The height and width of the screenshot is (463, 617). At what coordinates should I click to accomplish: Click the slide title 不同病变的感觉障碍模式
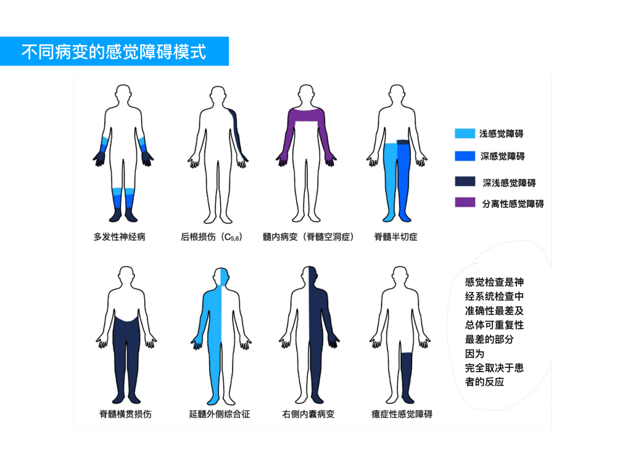pyautogui.click(x=114, y=52)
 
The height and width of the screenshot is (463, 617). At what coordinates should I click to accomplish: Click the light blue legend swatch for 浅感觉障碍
pyautogui.click(x=465, y=133)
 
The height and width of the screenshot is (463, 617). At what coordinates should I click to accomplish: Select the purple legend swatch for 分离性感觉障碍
pyautogui.click(x=465, y=202)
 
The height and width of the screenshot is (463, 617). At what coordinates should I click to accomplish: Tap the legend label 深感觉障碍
pyautogui.click(x=502, y=156)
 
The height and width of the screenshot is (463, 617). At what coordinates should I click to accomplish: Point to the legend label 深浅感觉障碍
pyautogui.click(x=509, y=183)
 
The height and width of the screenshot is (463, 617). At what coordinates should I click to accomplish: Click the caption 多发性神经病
pyautogui.click(x=119, y=236)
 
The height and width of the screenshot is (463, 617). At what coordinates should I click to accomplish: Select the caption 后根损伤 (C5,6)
pyautogui.click(x=211, y=236)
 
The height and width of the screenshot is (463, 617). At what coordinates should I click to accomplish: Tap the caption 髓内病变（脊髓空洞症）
pyautogui.click(x=308, y=236)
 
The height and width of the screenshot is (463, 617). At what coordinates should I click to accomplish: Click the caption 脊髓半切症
pyautogui.click(x=395, y=236)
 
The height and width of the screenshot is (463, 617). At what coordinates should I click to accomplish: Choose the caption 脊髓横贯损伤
pyautogui.click(x=125, y=414)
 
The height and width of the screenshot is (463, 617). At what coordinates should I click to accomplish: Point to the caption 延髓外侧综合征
pyautogui.click(x=220, y=414)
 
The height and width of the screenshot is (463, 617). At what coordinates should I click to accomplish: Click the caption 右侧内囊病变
pyautogui.click(x=308, y=414)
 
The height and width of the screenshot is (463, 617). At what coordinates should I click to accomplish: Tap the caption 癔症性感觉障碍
pyautogui.click(x=402, y=414)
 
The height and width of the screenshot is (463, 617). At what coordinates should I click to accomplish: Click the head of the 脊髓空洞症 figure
pyautogui.click(x=306, y=93)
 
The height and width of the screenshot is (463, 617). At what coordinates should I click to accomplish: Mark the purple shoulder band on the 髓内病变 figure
pyautogui.click(x=306, y=115)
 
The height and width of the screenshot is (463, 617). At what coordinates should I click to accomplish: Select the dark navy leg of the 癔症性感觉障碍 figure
pyautogui.click(x=407, y=377)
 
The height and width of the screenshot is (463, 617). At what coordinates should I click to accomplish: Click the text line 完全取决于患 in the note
pyautogui.click(x=494, y=368)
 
